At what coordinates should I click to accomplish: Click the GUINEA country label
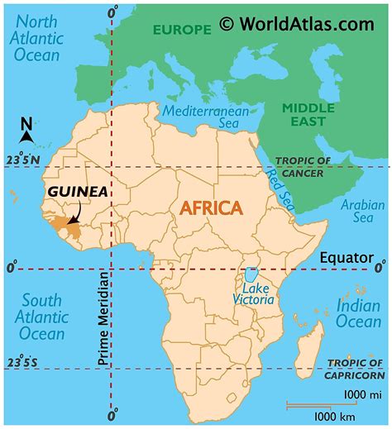pyautogui.click(x=76, y=191)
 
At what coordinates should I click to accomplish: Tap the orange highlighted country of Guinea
pyautogui.click(x=67, y=226)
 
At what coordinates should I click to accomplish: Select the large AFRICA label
pyautogui.click(x=211, y=207)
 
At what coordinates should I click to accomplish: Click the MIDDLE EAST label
pyautogui.click(x=308, y=116)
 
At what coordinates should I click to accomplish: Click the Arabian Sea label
pyautogui.click(x=357, y=211)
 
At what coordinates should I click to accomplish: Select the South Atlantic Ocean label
pyautogui.click(x=42, y=316)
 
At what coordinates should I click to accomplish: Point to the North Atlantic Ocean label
pyautogui.click(x=36, y=37)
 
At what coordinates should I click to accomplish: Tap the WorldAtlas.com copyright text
pyautogui.click(x=297, y=24)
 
